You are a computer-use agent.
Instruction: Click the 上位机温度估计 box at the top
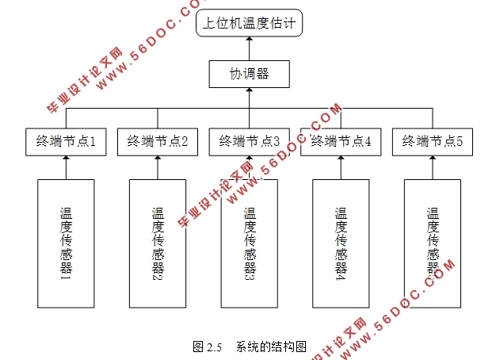click(x=249, y=23)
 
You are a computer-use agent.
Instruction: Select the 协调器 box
click(x=249, y=74)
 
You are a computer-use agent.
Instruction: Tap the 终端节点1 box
click(x=66, y=142)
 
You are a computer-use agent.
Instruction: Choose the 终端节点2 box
click(x=158, y=142)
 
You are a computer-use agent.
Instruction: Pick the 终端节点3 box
click(x=249, y=142)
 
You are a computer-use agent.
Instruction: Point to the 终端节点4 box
click(x=341, y=142)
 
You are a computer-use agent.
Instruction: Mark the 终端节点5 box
click(x=432, y=142)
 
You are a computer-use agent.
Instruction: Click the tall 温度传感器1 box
click(x=66, y=243)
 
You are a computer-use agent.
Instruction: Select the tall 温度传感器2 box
click(x=158, y=243)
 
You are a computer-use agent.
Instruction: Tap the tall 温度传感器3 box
click(x=249, y=243)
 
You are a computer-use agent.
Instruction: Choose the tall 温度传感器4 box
click(x=341, y=243)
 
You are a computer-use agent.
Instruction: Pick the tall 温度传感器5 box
click(x=432, y=243)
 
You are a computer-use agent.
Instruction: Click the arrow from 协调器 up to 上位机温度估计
click(x=249, y=49)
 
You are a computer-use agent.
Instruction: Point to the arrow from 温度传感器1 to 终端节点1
click(x=66, y=168)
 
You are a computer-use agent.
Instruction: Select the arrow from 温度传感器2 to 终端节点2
click(x=158, y=168)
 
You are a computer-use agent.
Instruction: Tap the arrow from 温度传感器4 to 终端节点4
click(x=341, y=168)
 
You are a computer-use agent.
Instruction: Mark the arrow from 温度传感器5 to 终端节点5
click(x=432, y=168)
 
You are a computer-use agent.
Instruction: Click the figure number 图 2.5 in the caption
click(x=207, y=347)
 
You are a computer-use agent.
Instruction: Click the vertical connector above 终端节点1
click(x=66, y=117)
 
